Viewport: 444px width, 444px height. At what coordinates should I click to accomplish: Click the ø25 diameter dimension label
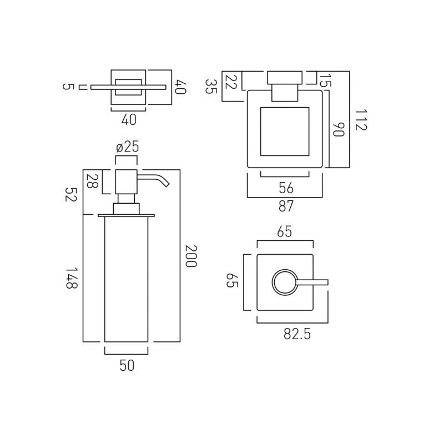pos(128,147)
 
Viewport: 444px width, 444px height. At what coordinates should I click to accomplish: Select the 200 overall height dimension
pos(190,256)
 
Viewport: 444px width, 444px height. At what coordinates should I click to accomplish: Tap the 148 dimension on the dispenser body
pos(72,278)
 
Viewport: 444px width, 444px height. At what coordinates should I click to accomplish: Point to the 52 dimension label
pos(71,194)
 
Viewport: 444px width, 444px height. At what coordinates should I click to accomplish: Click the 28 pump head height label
pos(92,181)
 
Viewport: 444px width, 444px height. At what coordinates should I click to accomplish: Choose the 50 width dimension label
pos(127,366)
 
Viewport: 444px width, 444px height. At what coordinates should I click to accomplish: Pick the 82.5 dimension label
pos(297,335)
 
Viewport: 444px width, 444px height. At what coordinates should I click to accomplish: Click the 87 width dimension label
pos(286,206)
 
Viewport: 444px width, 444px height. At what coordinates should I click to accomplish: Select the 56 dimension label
pos(286,188)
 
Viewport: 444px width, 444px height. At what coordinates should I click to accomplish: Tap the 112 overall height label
pos(361,120)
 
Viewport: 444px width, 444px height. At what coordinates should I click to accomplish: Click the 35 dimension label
pos(211,87)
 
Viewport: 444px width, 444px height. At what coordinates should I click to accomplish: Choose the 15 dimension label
pos(325,80)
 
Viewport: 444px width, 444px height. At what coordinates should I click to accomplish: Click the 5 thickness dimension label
pos(68,87)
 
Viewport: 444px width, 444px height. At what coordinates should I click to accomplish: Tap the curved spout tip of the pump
pos(167,184)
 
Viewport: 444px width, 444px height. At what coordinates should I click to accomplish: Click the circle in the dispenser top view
pos(285,282)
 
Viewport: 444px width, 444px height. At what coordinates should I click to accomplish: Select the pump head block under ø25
pos(127,182)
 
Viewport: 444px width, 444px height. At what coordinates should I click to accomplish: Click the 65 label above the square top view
pos(285,232)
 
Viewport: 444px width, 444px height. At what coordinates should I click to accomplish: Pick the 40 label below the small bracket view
pos(129,119)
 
